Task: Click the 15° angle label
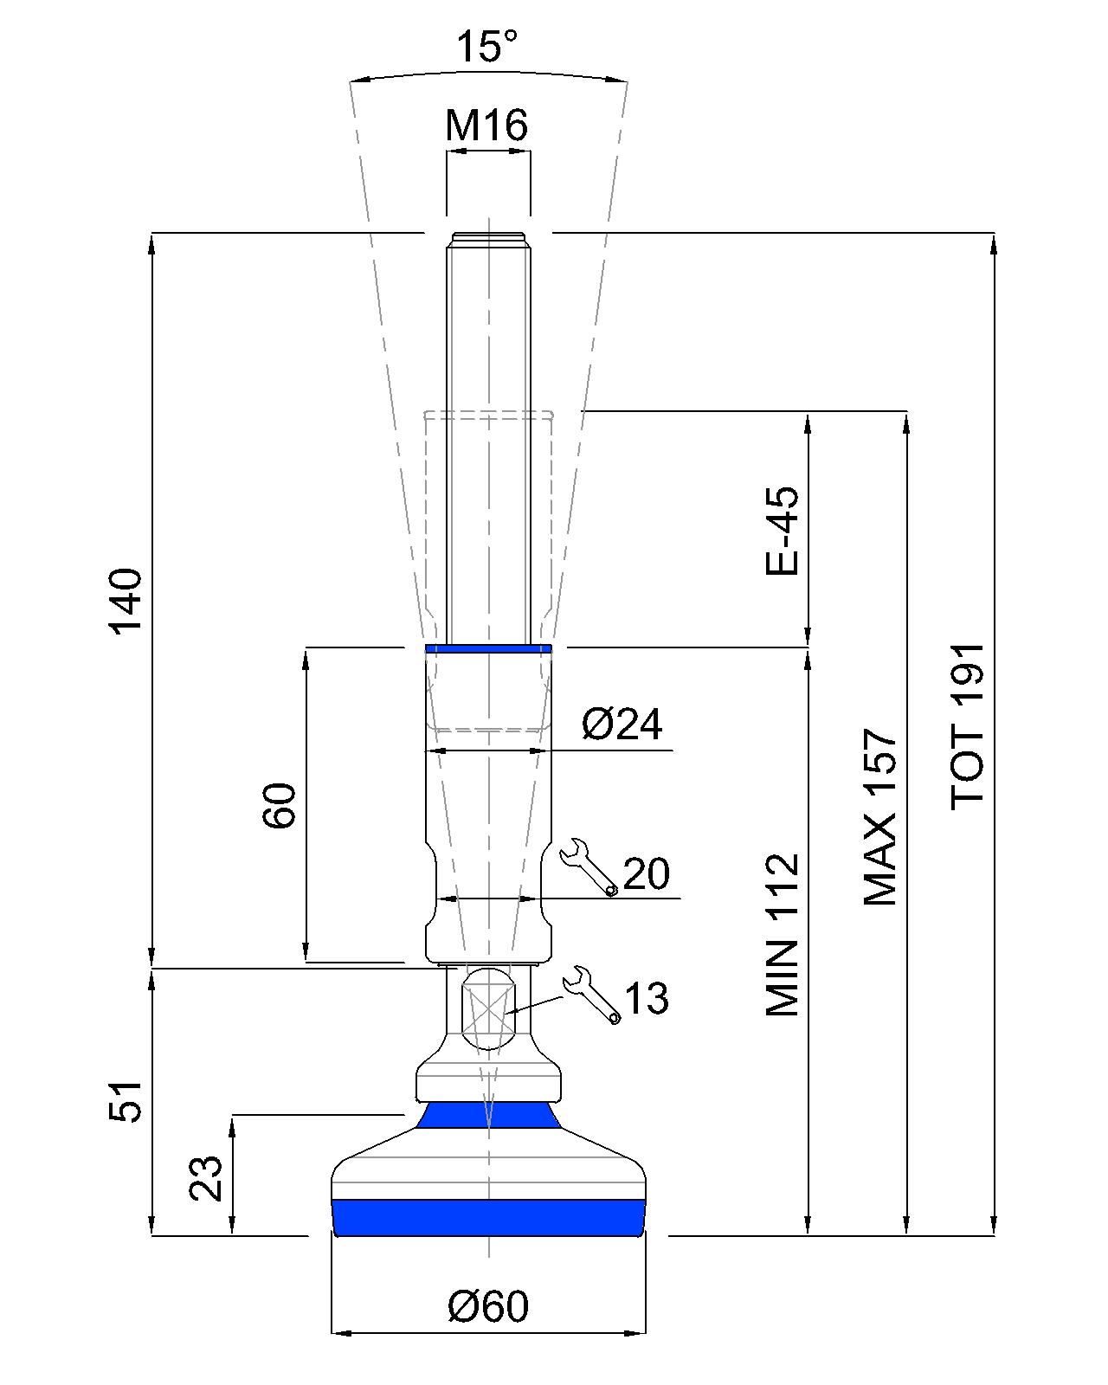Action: tap(487, 47)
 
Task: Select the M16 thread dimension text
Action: tap(486, 126)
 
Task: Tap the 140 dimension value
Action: tap(126, 601)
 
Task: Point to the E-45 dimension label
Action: tap(783, 531)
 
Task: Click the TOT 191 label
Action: tap(968, 726)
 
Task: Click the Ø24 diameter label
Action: tap(622, 724)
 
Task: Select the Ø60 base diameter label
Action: tap(488, 1306)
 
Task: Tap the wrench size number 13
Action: tap(646, 999)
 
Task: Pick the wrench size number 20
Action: tap(646, 874)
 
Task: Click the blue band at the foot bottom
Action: tap(488, 1217)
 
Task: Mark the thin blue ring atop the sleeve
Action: tap(488, 648)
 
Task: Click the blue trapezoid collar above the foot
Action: tap(488, 1115)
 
